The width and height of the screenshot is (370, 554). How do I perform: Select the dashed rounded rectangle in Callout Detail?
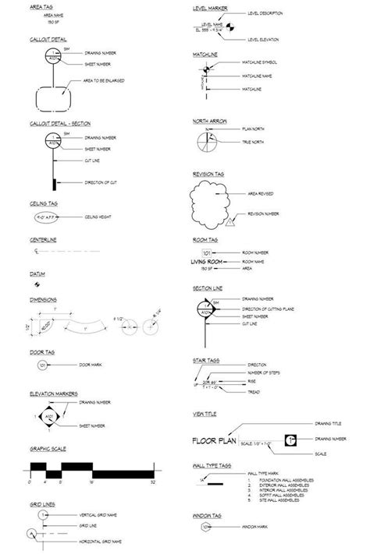click(52, 99)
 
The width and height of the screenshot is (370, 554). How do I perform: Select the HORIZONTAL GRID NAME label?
click(103, 541)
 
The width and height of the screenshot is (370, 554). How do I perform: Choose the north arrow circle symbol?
click(205, 140)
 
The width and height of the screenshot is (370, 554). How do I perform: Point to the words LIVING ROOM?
click(213, 262)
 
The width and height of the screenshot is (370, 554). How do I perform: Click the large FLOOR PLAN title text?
click(215, 441)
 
